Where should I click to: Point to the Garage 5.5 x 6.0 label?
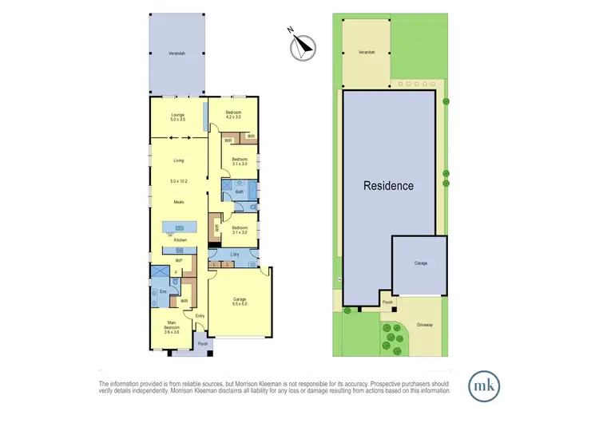coord(240,302)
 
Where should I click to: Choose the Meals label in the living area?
coord(179,201)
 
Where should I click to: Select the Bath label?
coord(239,192)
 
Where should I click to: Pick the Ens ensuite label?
coord(163,292)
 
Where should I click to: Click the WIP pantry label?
coord(179,259)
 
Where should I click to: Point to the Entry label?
coord(200,315)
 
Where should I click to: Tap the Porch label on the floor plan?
coord(202,345)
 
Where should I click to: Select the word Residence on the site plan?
coord(389,186)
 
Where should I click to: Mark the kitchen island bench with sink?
coord(179,227)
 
